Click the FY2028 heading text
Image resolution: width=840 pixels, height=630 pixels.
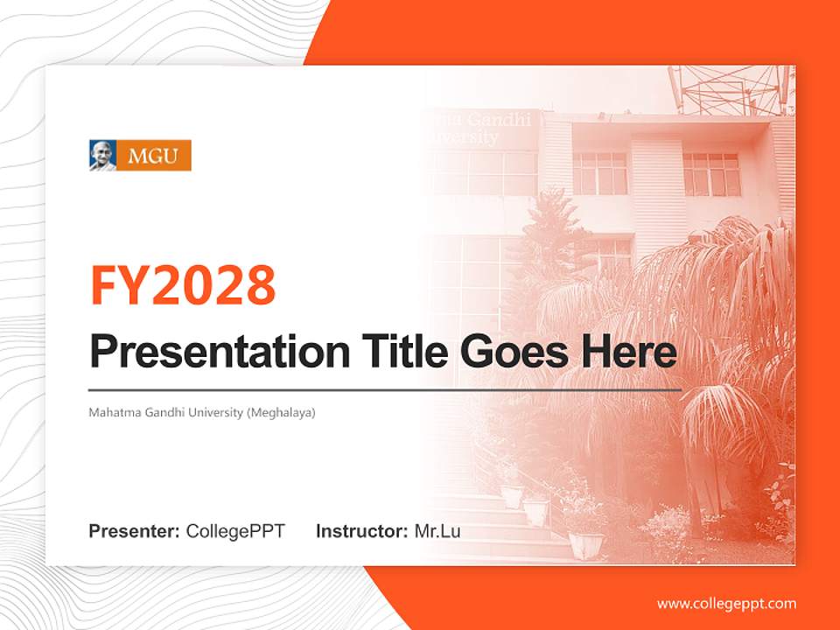tap(183, 285)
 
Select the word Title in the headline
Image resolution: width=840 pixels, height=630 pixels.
tap(405, 351)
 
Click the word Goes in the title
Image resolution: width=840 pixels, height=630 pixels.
tap(514, 352)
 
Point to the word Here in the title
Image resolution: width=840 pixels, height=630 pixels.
tap(629, 351)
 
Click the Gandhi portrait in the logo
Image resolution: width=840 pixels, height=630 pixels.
tap(103, 156)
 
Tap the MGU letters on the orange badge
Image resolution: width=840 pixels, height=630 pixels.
tap(153, 156)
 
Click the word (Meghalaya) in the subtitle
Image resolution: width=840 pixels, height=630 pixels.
tap(281, 413)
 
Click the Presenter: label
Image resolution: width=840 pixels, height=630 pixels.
tap(134, 531)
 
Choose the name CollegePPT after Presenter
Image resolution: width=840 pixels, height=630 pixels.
tap(235, 531)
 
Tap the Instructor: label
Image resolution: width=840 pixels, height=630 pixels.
tap(362, 531)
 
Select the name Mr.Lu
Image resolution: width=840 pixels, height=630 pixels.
tap(437, 531)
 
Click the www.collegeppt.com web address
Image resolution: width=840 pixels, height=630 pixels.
tap(726, 604)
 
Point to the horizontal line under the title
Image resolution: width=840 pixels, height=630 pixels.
tap(385, 390)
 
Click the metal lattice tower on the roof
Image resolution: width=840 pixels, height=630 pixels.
tap(730, 89)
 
